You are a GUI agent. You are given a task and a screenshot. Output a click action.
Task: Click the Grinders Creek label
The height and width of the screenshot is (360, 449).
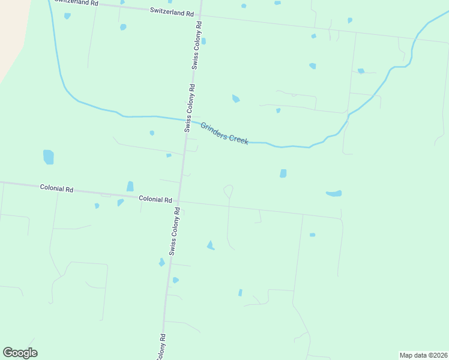pyautogui.click(x=224, y=133)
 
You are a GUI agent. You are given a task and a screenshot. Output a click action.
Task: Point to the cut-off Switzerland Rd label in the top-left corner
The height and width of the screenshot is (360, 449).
pyautogui.click(x=76, y=2)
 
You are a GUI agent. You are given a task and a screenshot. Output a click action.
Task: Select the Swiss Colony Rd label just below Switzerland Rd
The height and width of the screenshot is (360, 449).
pyautogui.click(x=197, y=46)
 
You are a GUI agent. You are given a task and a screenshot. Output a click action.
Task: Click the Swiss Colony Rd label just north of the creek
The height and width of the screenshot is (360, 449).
pyautogui.click(x=190, y=107)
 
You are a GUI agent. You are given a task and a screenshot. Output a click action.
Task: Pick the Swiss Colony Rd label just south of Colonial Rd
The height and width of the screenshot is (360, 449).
pyautogui.click(x=174, y=232)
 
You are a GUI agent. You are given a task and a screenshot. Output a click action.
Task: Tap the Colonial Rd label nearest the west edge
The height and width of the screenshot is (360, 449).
pyautogui.click(x=56, y=188)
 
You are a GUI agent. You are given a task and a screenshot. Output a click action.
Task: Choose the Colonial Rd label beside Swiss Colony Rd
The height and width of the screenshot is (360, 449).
pyautogui.click(x=155, y=199)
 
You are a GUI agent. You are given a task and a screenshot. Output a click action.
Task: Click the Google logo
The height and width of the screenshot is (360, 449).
pyautogui.click(x=20, y=353)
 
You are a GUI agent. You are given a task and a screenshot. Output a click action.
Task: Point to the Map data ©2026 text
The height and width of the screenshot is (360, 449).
pyautogui.click(x=423, y=355)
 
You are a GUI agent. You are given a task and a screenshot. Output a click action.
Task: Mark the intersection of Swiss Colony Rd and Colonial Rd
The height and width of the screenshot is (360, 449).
pyautogui.click(x=179, y=201)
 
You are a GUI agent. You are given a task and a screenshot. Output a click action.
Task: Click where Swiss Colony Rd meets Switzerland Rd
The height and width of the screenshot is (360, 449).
pyautogui.click(x=200, y=14)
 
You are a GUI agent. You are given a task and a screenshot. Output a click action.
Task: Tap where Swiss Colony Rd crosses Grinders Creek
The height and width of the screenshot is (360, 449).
pyautogui.click(x=187, y=121)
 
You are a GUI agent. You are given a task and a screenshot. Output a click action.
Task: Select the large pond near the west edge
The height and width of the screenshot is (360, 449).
pyautogui.click(x=49, y=157)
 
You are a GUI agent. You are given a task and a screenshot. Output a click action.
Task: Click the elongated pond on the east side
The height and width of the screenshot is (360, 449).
pyautogui.click(x=334, y=193)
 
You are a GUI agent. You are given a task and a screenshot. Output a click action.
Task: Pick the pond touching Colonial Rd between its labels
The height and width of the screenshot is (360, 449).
pyautogui.click(x=130, y=187)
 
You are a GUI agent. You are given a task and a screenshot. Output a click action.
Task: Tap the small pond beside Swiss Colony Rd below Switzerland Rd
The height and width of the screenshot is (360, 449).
pyautogui.click(x=203, y=41)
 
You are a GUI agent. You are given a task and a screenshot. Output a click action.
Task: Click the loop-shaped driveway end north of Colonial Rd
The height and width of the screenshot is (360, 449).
pyautogui.click(x=228, y=190)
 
